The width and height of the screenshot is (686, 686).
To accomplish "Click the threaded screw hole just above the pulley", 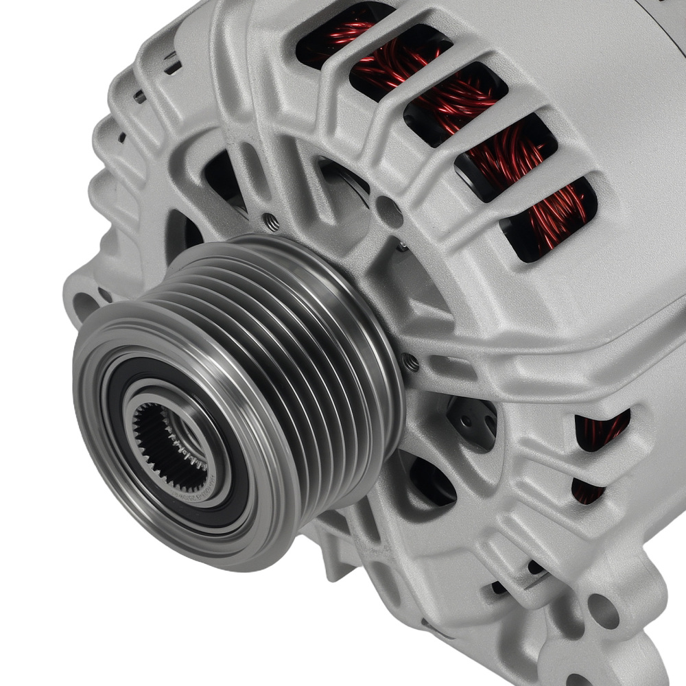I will tap(271, 221).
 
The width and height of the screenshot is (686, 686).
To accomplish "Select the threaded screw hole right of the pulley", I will tap(410, 362).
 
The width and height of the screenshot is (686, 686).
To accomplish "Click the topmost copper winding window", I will tap(343, 31).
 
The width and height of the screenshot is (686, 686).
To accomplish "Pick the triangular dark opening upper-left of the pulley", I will tap(223, 175).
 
